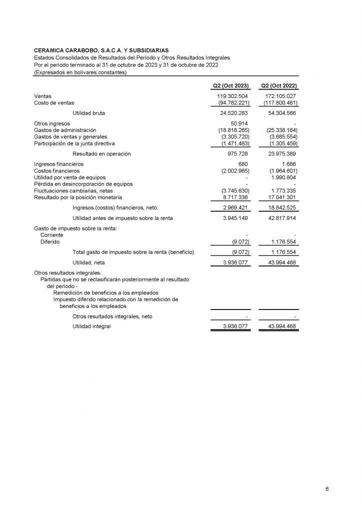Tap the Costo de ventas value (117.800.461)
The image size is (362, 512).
(x=279, y=102)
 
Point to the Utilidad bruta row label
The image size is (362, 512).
(x=89, y=113)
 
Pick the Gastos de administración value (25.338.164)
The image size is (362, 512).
(x=279, y=130)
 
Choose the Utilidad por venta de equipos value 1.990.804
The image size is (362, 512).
(x=282, y=177)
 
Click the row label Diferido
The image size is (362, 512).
(x=50, y=241)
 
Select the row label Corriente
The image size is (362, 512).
(x=52, y=235)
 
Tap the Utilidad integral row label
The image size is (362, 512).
(x=91, y=326)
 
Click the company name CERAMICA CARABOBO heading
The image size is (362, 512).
(x=100, y=50)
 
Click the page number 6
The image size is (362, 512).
(x=327, y=488)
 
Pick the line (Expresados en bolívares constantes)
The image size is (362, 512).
(x=80, y=72)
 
